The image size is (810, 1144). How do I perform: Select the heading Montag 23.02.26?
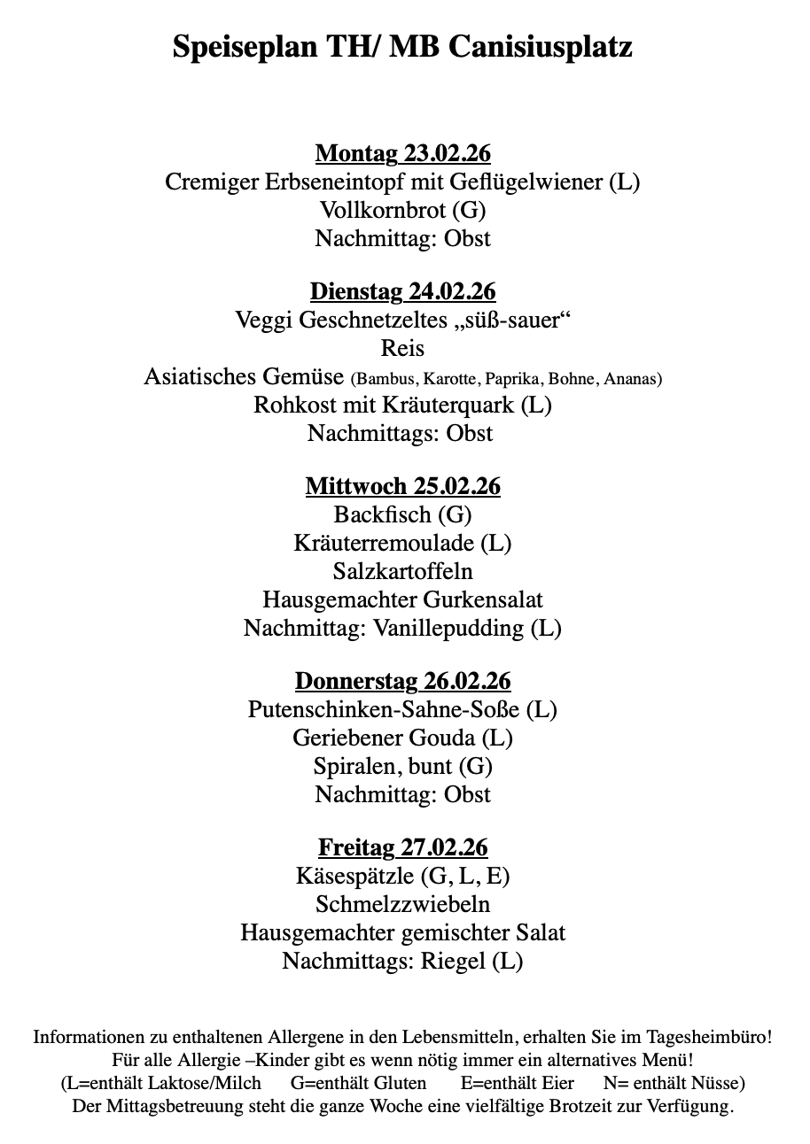click(x=403, y=153)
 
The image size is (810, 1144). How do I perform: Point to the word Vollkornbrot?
click(x=382, y=210)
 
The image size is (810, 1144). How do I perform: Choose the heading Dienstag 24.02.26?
click(x=403, y=291)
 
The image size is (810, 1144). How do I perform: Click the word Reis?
click(x=403, y=348)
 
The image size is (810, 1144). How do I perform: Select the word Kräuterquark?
click(x=449, y=405)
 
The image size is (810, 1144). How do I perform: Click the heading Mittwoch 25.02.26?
click(x=403, y=486)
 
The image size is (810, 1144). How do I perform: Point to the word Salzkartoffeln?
click(x=403, y=571)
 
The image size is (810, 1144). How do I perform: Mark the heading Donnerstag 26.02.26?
click(x=403, y=681)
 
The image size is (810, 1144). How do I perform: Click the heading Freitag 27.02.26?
click(x=403, y=847)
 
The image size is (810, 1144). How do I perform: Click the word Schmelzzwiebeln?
click(x=403, y=904)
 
